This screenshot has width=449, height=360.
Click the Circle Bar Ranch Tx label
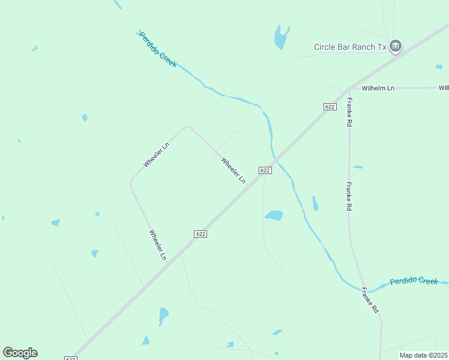[x=350, y=47]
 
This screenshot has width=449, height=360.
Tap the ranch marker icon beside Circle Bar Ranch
[x=396, y=46]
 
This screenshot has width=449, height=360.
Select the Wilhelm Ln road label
[x=382, y=88]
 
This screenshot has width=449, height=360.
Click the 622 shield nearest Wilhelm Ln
[x=329, y=106]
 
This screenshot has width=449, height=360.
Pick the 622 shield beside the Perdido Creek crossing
[x=265, y=170]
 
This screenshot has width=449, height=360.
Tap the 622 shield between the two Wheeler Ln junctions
[x=200, y=233]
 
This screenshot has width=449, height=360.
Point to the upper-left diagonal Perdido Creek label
[x=158, y=49]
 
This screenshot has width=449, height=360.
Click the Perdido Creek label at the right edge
[x=414, y=281]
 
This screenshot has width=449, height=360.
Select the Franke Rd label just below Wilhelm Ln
[x=349, y=112]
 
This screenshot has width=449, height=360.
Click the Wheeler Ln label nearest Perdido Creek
[x=234, y=170]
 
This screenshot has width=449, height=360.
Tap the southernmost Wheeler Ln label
[x=158, y=245]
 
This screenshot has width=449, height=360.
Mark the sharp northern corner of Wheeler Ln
[x=188, y=127]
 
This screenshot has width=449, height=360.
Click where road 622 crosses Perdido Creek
[x=276, y=161]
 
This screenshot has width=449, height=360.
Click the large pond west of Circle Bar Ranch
[x=280, y=38]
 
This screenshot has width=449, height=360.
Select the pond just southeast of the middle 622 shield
[x=274, y=215]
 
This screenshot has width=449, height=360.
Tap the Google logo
[x=20, y=353]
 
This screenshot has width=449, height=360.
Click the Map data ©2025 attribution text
[x=424, y=355]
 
